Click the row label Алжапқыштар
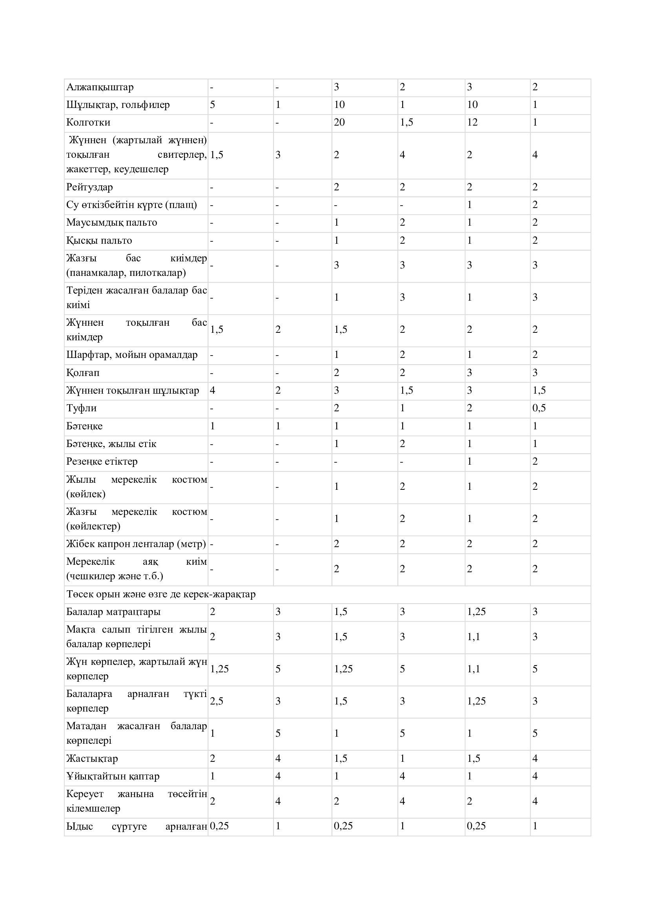tap(100, 87)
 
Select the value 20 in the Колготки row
tap(339, 122)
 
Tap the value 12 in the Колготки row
tap(472, 122)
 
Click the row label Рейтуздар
tap(89, 187)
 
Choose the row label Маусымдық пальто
tap(111, 223)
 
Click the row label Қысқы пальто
tap(99, 241)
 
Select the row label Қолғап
tap(83, 372)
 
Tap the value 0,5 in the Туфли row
tap(539, 408)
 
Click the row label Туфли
tap(82, 408)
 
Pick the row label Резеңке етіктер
tap(102, 462)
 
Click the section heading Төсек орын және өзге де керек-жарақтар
tap(161, 595)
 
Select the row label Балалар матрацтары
tap(113, 612)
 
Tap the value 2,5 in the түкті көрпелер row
tap(217, 701)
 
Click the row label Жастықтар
tap(92, 759)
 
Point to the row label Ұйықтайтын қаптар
tap(113, 776)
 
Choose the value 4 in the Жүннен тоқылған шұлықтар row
tap(213, 390)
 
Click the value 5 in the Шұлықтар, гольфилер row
tap(213, 105)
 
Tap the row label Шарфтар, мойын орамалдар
tap(132, 355)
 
